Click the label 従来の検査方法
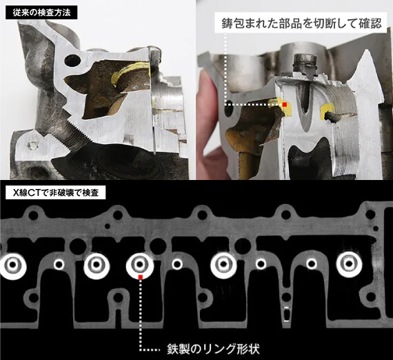pos(41,13)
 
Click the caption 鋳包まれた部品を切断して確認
pos(302,23)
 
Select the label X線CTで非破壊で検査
pos(56,192)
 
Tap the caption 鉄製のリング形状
pos(213,349)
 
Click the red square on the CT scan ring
pos(141,277)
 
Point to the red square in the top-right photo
pos(285,105)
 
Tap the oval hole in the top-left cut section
pos(72,61)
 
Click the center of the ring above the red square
pos(139,264)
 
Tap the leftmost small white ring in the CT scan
pos(59,264)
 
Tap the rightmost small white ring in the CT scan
pos(312,263)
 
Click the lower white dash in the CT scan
pos(287,321)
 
